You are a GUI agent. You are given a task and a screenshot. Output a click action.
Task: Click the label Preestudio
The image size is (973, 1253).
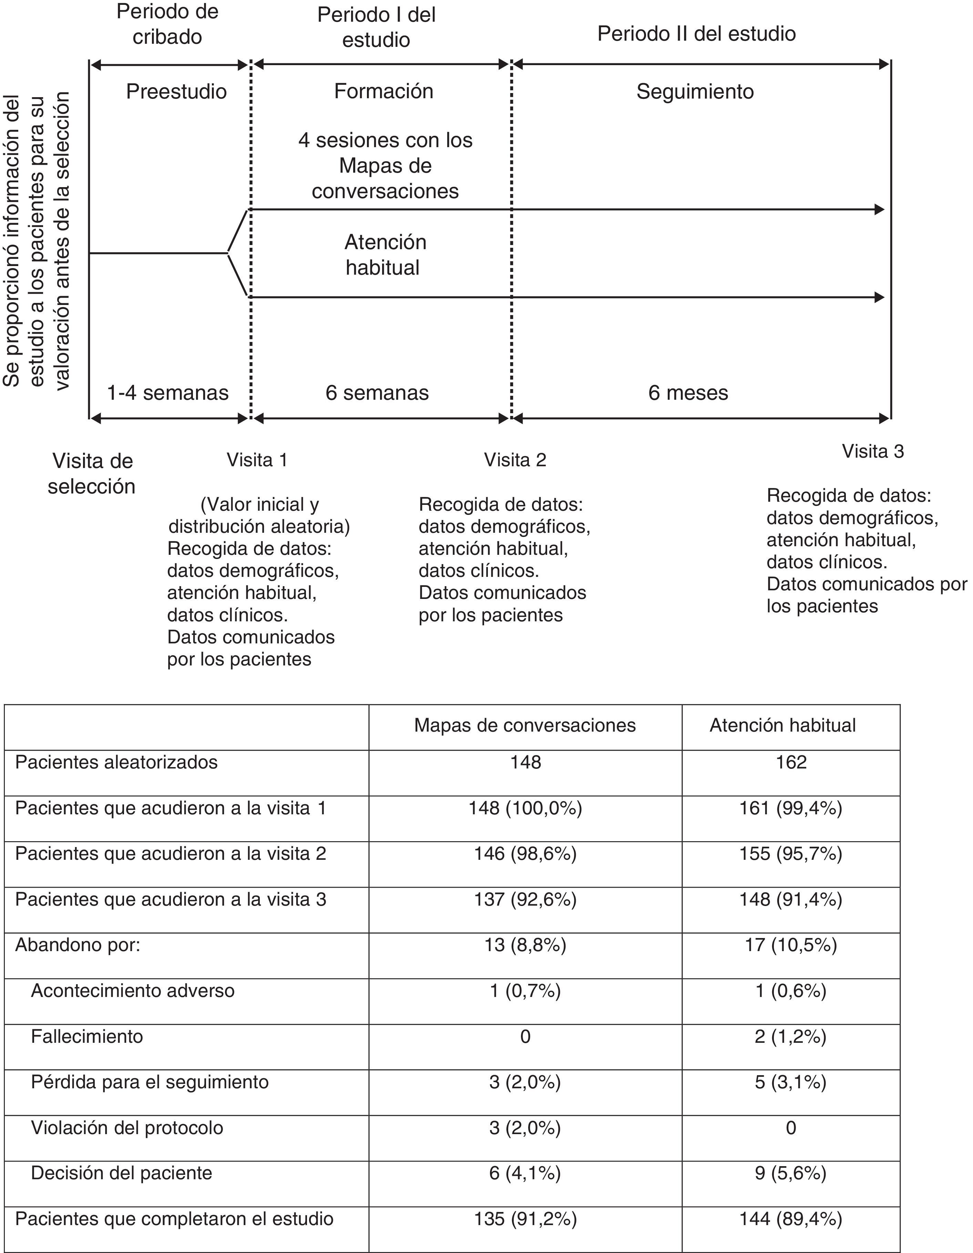(x=176, y=91)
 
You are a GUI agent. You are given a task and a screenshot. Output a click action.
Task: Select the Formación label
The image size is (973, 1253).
(x=383, y=91)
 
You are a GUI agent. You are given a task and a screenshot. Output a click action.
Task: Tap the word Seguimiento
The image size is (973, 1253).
(x=695, y=92)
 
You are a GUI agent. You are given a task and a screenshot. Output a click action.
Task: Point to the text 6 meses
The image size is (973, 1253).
(x=688, y=393)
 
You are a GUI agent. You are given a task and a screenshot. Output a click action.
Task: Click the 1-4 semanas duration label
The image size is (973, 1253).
(x=167, y=393)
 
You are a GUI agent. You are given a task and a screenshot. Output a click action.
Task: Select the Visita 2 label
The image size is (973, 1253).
(x=515, y=460)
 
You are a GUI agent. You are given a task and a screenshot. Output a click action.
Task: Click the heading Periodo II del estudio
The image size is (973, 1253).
(x=696, y=34)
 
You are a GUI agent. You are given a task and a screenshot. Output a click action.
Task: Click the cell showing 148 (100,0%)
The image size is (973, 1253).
(x=525, y=808)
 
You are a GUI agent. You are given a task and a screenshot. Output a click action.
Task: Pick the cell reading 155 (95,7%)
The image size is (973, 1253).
(x=790, y=854)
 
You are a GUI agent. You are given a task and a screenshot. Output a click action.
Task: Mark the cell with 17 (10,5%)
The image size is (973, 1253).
(x=790, y=945)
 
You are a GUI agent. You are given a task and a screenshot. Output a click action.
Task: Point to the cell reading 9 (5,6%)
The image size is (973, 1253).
(x=790, y=1173)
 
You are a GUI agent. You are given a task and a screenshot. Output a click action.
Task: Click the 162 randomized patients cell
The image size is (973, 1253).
(x=790, y=763)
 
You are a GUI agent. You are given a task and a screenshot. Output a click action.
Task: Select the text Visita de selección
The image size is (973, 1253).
(x=92, y=473)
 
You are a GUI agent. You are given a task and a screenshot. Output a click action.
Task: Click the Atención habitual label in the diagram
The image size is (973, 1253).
(x=385, y=255)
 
